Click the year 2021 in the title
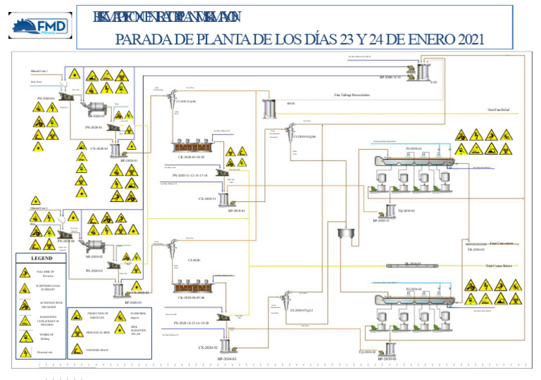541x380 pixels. click(x=466, y=40)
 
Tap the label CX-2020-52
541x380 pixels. click(x=207, y=348)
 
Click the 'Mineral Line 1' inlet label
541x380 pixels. click(x=39, y=72)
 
